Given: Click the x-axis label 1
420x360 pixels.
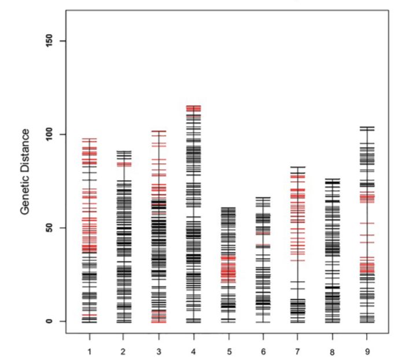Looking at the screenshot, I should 89,351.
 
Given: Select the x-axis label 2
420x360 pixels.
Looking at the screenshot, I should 124,351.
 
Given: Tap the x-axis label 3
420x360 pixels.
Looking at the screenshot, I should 159,351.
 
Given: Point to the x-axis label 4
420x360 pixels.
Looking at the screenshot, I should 193,351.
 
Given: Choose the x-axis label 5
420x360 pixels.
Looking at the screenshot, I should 229,351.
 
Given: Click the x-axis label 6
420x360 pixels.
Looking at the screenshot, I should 263,351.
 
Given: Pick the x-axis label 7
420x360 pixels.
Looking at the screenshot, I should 298,351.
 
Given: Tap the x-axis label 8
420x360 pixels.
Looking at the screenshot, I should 333,352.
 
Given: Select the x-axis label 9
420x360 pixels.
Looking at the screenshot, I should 367,351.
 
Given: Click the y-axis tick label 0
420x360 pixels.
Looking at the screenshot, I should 49,321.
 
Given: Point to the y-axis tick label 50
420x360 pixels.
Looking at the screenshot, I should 49,227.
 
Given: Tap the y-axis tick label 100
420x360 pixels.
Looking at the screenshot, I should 49,134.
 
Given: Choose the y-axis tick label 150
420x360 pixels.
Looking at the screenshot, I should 49,41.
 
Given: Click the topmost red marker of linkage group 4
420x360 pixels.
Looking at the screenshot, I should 193,106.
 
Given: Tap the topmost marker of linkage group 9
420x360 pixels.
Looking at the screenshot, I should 367,127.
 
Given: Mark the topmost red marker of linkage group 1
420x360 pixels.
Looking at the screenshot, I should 89,139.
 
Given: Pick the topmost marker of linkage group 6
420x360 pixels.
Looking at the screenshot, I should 263,197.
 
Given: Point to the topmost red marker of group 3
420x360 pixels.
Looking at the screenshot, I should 159,131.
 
